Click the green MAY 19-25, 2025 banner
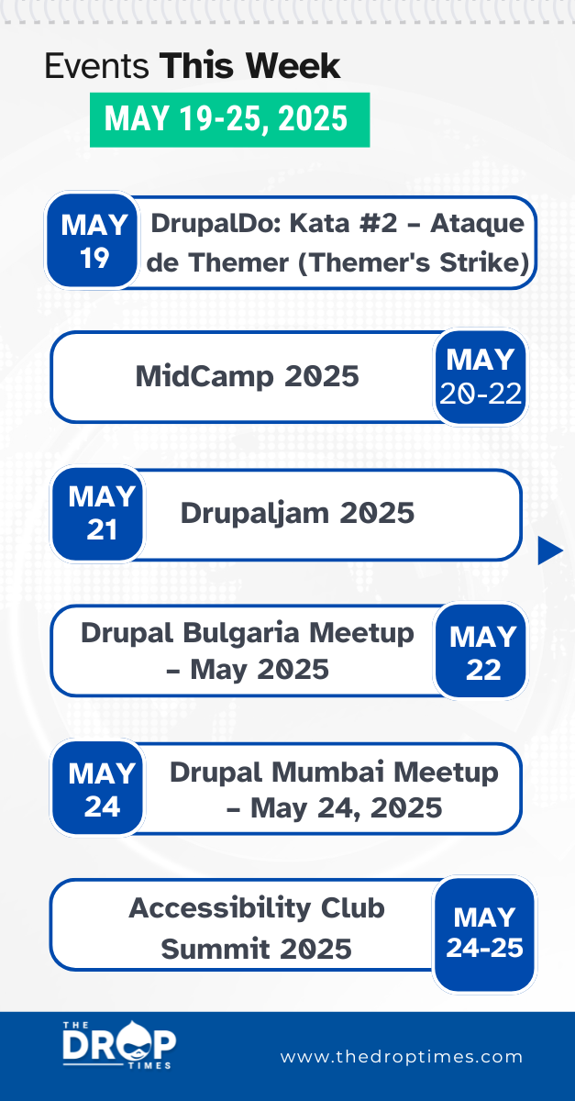(228, 119)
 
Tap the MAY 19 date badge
(94, 241)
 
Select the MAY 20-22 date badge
(481, 377)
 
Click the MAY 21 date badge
(101, 513)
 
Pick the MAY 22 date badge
(482, 651)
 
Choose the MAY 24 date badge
(101, 789)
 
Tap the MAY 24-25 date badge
(484, 932)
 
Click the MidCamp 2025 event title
(247, 376)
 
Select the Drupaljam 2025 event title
(297, 513)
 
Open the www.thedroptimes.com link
(402, 1057)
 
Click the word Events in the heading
(97, 67)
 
